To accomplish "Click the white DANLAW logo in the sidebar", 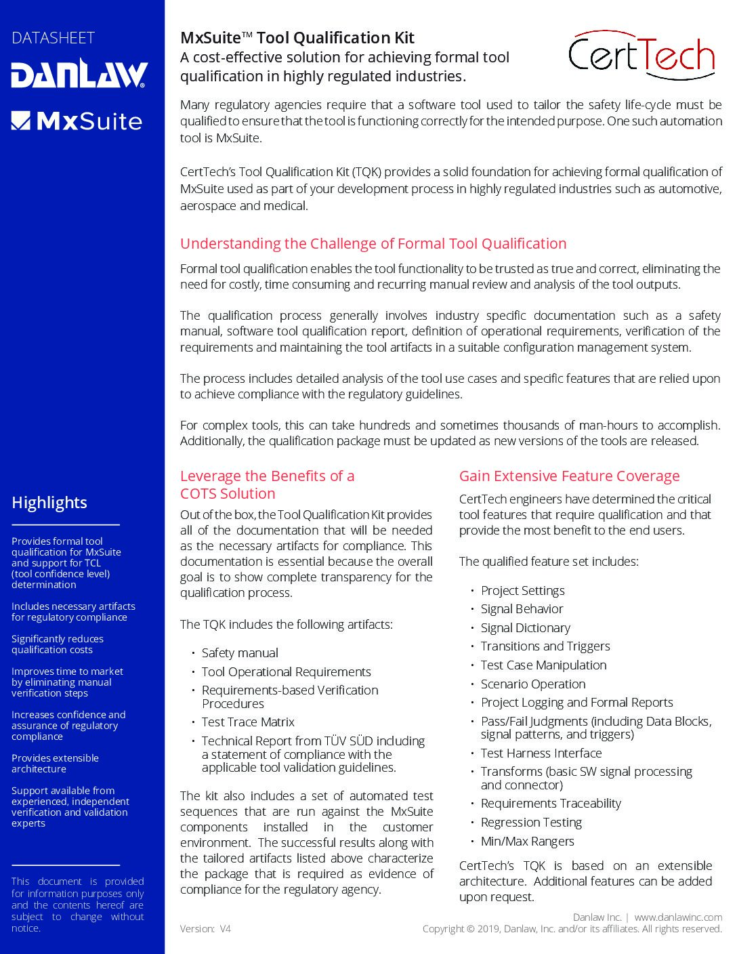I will coord(79,74).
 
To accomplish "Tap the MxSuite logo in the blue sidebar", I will coord(77,121).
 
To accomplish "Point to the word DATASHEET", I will coord(53,38).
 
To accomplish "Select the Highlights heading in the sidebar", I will coord(49,503).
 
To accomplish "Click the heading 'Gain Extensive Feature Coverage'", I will coord(569,476).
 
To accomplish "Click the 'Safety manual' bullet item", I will coord(240,653).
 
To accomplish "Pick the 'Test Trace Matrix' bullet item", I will coord(248,722).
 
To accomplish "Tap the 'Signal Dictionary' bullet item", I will coord(525,628).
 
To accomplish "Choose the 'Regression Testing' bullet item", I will coord(531,823).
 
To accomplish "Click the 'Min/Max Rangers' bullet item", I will coord(527,842).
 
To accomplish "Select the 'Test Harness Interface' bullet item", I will coord(541,753).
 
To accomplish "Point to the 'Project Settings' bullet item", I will coord(522,591).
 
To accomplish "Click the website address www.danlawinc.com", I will coord(677,917).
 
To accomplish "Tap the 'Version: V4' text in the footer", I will coord(205,929).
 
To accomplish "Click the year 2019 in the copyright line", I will coord(489,929).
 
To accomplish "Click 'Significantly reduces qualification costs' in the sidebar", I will coord(58,644).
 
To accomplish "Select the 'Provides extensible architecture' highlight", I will coord(55,764).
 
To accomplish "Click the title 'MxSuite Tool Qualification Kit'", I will coord(297,38).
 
